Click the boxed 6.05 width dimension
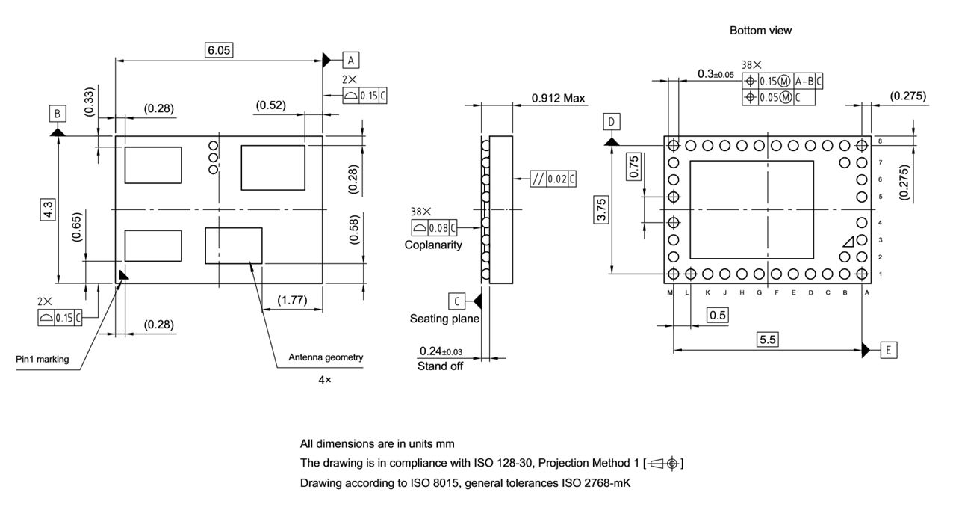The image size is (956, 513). pyautogui.click(x=220, y=50)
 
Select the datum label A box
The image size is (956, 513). pyautogui.click(x=351, y=60)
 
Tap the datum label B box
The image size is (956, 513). pyautogui.click(x=58, y=114)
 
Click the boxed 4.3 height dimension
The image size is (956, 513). pyautogui.click(x=48, y=209)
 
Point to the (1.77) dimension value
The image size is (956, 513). pyautogui.click(x=291, y=300)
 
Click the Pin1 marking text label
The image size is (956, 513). pyautogui.click(x=43, y=359)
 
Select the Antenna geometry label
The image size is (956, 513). pyautogui.click(x=326, y=357)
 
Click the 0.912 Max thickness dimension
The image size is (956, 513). pyautogui.click(x=559, y=98)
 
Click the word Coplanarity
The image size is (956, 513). pyautogui.click(x=433, y=245)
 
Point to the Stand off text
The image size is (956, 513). pyautogui.click(x=441, y=366)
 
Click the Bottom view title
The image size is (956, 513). pyautogui.click(x=760, y=31)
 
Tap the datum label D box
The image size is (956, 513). pyautogui.click(x=612, y=121)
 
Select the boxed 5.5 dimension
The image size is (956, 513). pyautogui.click(x=767, y=340)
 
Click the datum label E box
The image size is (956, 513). pyautogui.click(x=888, y=349)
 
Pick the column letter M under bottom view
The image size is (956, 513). pyautogui.click(x=671, y=292)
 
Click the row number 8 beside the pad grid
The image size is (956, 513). pyautogui.click(x=881, y=141)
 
